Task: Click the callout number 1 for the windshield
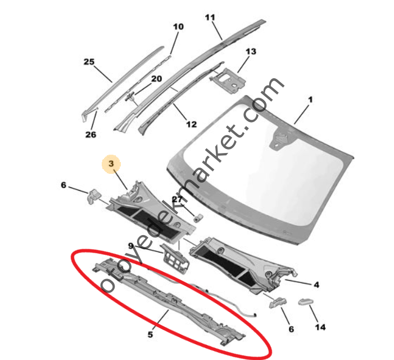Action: pyautogui.click(x=310, y=100)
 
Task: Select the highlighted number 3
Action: pyautogui.click(x=111, y=164)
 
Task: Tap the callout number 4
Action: pyautogui.click(x=316, y=285)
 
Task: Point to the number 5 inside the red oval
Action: pyautogui.click(x=150, y=335)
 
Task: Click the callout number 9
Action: pyautogui.click(x=130, y=246)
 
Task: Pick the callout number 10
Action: pyautogui.click(x=178, y=26)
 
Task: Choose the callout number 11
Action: pyautogui.click(x=210, y=17)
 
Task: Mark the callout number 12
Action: pyautogui.click(x=191, y=124)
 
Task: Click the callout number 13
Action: pyautogui.click(x=251, y=52)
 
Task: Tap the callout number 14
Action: pyautogui.click(x=320, y=327)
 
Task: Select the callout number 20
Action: pyautogui.click(x=156, y=79)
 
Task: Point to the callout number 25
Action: pyautogui.click(x=89, y=61)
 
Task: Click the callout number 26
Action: pyautogui.click(x=90, y=134)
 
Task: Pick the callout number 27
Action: pyautogui.click(x=177, y=199)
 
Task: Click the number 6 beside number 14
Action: pyautogui.click(x=291, y=329)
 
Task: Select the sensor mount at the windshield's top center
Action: pyautogui.click(x=280, y=138)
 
